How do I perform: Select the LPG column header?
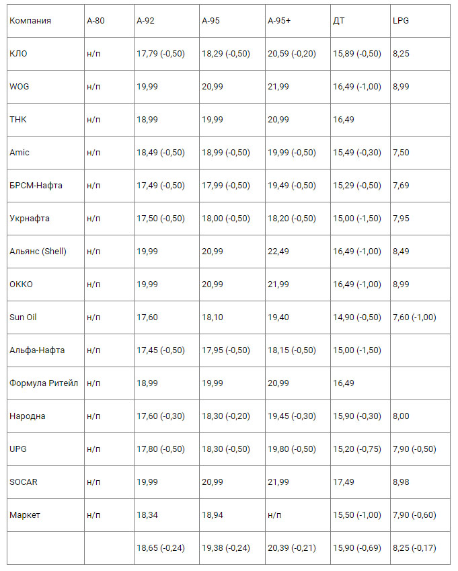coord(401,21)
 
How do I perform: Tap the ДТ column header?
coord(340,21)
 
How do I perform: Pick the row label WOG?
coord(20,87)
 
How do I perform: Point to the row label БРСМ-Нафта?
coord(36,186)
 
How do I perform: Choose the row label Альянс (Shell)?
coord(38,252)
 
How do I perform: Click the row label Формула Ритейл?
coord(44,383)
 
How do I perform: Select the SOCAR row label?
coord(24,482)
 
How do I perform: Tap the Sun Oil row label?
coord(23,317)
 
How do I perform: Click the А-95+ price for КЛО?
coord(291,54)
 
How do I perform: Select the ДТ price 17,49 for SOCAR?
coord(343,482)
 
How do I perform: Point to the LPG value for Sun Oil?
coord(414,317)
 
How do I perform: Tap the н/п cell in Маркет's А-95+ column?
coord(274,515)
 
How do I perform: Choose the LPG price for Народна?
coord(402,416)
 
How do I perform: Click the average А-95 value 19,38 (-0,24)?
coord(226,548)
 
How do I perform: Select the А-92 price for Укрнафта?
coord(160,219)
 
